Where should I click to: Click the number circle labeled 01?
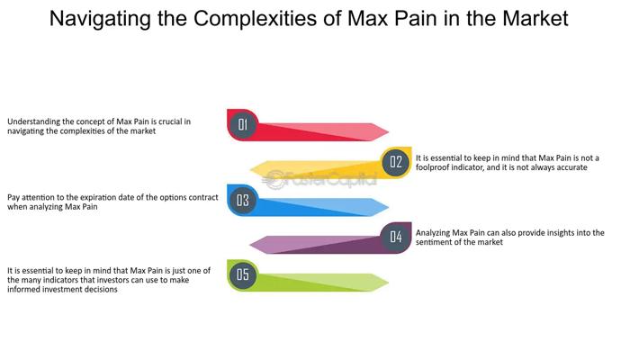(x=242, y=125)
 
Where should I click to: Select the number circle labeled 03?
(x=242, y=200)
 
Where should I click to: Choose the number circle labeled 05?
(x=242, y=274)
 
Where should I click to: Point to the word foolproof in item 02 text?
(x=436, y=167)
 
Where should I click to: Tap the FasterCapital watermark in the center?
(x=319, y=180)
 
